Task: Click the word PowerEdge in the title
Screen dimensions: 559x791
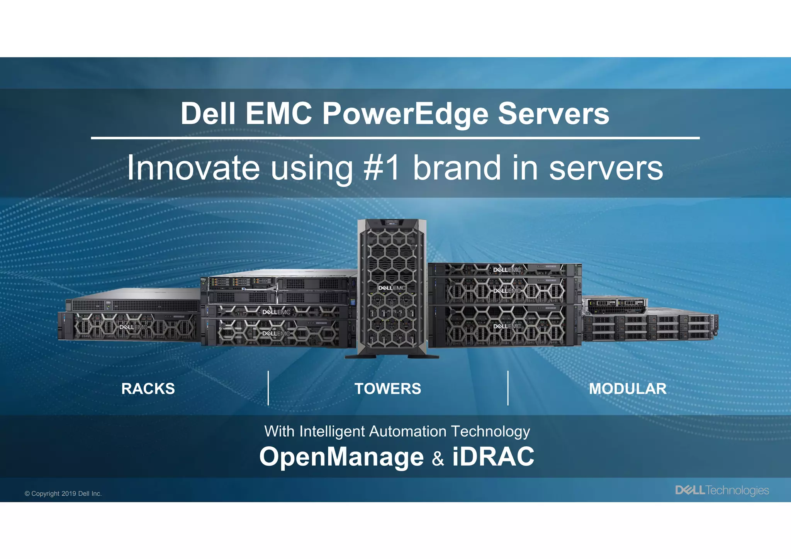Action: pos(405,114)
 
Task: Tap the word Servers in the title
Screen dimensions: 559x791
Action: pos(553,114)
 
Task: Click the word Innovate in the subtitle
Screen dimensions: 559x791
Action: pos(193,168)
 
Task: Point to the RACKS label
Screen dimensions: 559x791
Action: pos(148,389)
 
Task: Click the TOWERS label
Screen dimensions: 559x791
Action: pos(388,389)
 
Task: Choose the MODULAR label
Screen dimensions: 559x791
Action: pos(628,389)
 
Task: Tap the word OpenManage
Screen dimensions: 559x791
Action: pos(341,457)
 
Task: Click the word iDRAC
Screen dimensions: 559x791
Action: pos(493,457)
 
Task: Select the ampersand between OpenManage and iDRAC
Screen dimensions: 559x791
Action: pos(438,459)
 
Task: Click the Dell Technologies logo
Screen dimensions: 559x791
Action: pos(722,490)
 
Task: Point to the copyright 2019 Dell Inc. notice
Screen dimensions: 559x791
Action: pos(63,494)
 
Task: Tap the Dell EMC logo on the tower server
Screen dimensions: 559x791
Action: pos(392,288)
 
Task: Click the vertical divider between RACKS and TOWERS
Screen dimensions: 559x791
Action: pos(268,388)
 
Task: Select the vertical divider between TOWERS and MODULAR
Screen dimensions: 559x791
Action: pos(508,388)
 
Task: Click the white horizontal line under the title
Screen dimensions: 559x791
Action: pos(395,138)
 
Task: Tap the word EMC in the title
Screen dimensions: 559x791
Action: pos(278,114)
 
